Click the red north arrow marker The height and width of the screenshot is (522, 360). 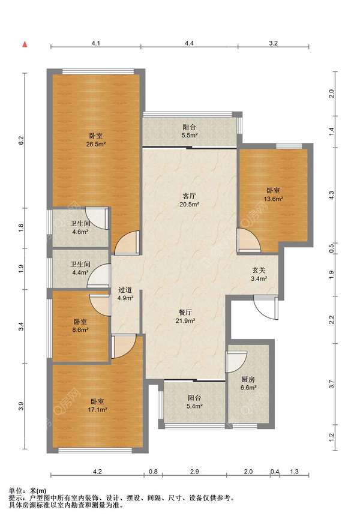pos(25,44)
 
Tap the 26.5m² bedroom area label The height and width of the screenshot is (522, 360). pos(96,140)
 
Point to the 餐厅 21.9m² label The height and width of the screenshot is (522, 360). pos(185,317)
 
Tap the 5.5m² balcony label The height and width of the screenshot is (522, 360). pos(189,131)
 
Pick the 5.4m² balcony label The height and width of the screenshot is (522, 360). pos(194,402)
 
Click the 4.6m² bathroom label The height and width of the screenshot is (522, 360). pos(80,228)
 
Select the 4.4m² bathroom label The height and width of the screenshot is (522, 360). pos(80,268)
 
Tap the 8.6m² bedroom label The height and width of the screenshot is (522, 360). pos(80,326)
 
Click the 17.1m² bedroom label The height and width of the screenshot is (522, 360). pos(97,406)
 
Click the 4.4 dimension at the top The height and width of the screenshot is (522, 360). pos(189,43)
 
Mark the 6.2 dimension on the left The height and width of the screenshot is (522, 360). pos(22,140)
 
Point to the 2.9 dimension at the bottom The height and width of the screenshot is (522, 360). pos(194,472)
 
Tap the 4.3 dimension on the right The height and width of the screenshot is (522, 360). pos(331,196)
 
